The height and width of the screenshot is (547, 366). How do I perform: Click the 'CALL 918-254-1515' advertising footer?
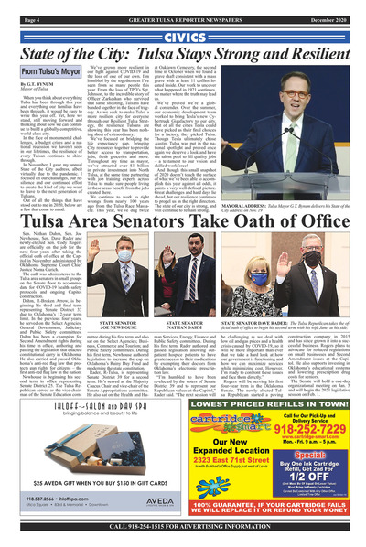click(x=182, y=527)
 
